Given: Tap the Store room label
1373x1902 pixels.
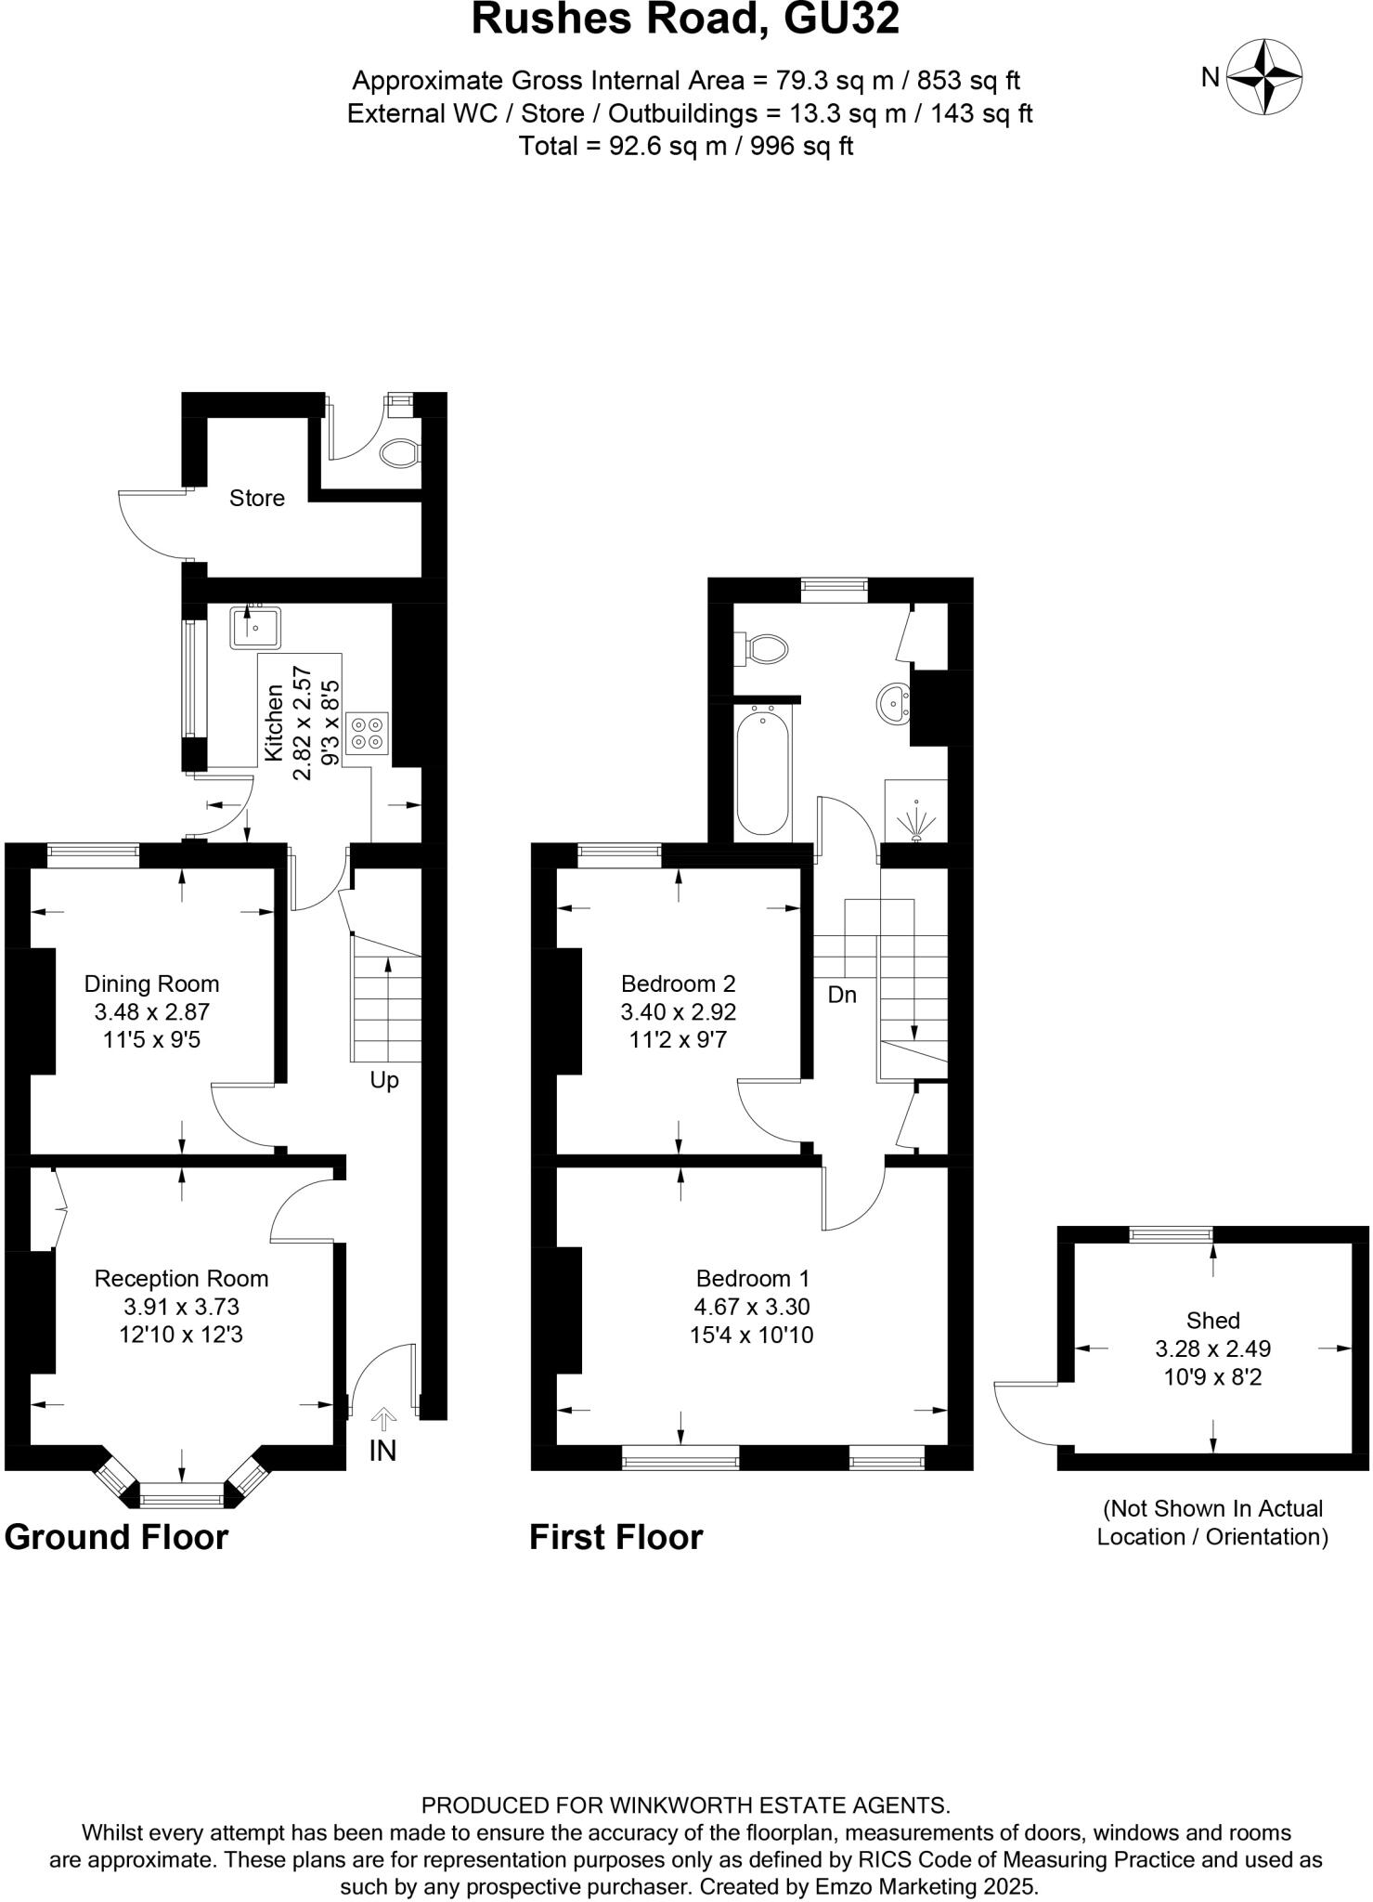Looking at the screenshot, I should pos(256,499).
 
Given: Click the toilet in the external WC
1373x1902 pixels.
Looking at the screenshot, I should pos(402,453).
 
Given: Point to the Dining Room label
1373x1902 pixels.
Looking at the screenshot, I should pos(151,984).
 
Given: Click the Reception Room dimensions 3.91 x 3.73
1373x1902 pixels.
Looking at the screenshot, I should pos(181,1307).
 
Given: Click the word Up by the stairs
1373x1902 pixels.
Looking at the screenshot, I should pos(384,1080).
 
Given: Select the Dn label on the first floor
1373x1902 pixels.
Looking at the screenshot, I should pos(841,995).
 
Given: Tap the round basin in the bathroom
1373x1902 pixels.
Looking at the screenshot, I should pos(893,703).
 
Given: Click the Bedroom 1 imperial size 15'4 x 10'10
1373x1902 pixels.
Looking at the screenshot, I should pos(753,1335).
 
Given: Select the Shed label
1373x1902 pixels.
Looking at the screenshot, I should pos(1212,1320).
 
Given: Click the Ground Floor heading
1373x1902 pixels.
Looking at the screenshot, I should pos(116,1537).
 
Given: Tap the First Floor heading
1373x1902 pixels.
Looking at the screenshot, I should pos(615,1537).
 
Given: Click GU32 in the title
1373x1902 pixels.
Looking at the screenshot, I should pos(841,20).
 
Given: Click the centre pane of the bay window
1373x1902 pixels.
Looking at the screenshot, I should pos(181,1494).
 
